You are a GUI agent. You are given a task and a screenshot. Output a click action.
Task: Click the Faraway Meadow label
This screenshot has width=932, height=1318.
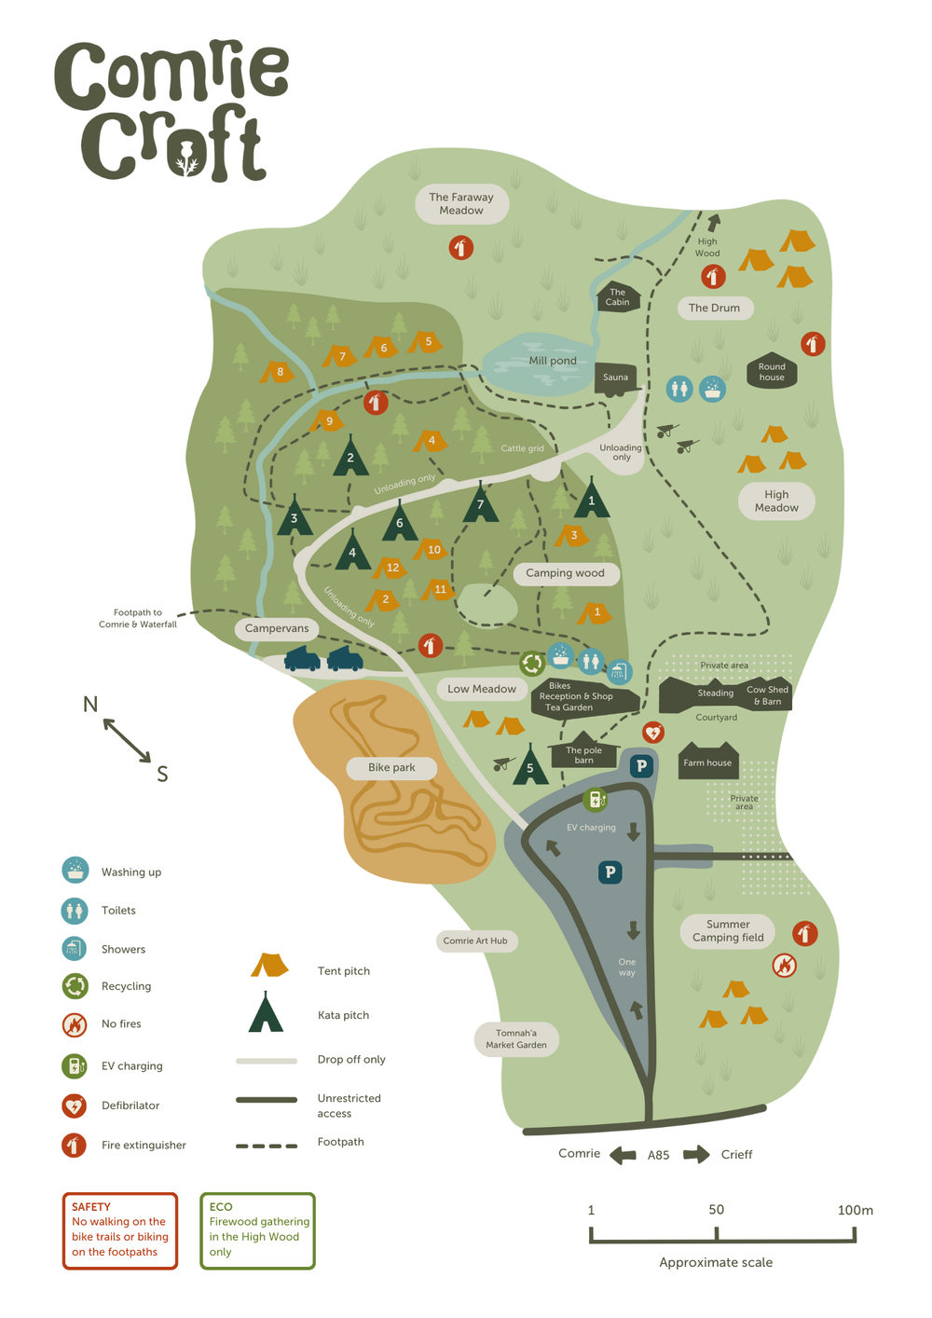click(x=461, y=204)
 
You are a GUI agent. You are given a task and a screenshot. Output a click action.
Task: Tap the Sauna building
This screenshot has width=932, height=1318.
click(x=615, y=378)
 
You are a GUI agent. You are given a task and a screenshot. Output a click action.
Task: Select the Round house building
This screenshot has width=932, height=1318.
click(x=771, y=372)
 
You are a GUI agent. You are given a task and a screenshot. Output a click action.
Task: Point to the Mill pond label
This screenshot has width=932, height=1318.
click(x=553, y=361)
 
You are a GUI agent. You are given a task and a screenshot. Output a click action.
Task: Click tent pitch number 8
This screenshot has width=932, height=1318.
click(x=279, y=372)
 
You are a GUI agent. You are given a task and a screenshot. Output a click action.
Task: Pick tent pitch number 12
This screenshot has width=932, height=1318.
click(x=392, y=567)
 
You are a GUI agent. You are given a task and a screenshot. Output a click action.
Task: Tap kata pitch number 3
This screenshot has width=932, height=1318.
click(x=295, y=517)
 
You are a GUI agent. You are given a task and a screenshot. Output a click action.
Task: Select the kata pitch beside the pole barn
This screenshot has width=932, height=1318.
click(x=530, y=766)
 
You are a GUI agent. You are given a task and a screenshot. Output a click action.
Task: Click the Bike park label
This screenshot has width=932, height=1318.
click(x=391, y=767)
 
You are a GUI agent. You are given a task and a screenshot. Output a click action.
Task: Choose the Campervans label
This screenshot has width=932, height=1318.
click(x=277, y=628)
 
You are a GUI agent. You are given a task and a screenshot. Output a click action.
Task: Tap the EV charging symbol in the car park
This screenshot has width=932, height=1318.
click(x=596, y=800)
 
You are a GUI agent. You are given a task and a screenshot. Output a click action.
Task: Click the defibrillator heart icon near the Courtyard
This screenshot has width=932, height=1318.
click(x=653, y=732)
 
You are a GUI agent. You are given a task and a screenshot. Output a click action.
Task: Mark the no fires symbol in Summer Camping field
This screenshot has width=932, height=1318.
click(x=785, y=966)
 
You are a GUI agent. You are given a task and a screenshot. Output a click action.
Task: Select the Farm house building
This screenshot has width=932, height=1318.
click(x=707, y=762)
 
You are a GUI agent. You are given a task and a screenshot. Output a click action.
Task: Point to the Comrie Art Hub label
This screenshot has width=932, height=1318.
click(x=475, y=940)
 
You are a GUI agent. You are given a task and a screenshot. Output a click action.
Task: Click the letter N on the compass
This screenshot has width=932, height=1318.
click(x=90, y=704)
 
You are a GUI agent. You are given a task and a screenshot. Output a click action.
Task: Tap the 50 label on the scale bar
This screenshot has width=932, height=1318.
click(x=716, y=1210)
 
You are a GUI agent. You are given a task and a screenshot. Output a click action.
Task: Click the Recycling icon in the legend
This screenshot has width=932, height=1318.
click(x=75, y=985)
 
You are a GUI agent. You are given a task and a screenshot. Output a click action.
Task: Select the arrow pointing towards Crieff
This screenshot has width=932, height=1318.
click(x=695, y=1155)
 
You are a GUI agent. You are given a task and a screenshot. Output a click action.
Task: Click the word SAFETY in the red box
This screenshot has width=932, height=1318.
click(x=91, y=1206)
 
